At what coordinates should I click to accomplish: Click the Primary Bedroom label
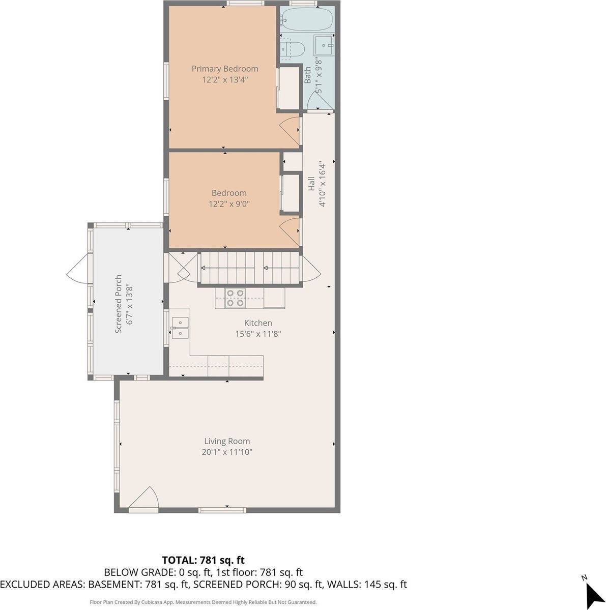[x=224, y=69]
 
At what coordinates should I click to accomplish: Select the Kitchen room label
[x=258, y=323]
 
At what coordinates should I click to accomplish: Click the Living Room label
[x=227, y=441]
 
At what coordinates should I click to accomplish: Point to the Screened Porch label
[x=118, y=304]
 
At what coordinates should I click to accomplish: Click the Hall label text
[x=311, y=184]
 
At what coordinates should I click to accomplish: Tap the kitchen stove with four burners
[x=235, y=298]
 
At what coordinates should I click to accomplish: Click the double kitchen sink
[x=180, y=327]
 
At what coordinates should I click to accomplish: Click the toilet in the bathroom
[x=294, y=49]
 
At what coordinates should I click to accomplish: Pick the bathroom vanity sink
[x=324, y=45]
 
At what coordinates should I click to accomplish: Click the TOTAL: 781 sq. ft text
[x=203, y=560]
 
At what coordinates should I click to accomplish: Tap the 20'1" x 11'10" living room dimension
[x=227, y=452]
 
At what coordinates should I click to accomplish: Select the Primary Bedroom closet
[x=288, y=88]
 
